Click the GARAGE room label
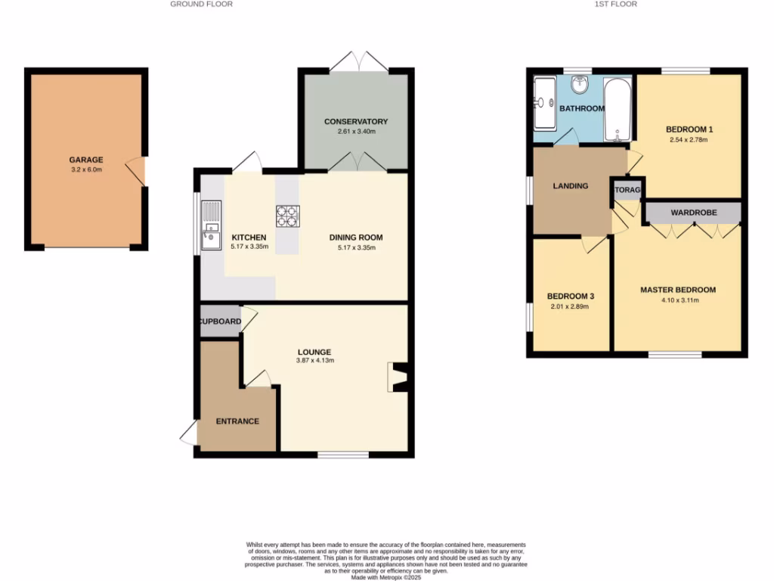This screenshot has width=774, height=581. (x=86, y=160)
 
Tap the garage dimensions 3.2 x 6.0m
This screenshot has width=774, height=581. (x=86, y=169)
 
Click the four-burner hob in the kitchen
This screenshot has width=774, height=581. (x=288, y=216)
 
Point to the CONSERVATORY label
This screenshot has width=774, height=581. (x=356, y=122)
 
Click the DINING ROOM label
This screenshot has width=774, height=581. (x=352, y=238)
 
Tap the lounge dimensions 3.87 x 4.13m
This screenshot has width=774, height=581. (x=314, y=361)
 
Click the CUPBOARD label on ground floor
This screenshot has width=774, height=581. (x=220, y=322)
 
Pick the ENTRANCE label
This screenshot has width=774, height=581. (x=237, y=421)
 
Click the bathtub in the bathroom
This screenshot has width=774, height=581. (x=618, y=110)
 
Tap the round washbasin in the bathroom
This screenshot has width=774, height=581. (x=580, y=85)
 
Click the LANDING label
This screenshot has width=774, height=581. (x=570, y=185)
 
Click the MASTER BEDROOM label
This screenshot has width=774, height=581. (x=677, y=290)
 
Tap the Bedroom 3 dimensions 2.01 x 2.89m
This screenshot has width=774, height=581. (x=568, y=306)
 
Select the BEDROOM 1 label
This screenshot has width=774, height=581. (x=689, y=129)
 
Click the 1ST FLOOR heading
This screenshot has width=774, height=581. (x=616, y=4)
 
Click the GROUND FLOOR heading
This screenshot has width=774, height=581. (x=201, y=4)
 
